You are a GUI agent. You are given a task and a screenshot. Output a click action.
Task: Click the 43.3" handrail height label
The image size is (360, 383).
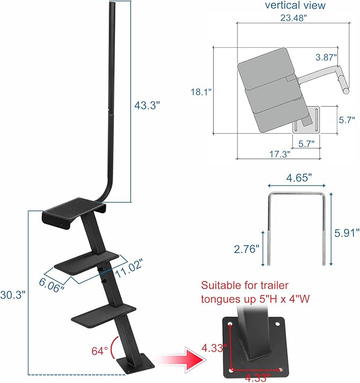[146, 106]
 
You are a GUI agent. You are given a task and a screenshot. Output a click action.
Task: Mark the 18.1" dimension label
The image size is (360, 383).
[201, 91]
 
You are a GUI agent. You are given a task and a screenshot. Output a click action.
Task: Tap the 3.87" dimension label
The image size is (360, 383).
[326, 56]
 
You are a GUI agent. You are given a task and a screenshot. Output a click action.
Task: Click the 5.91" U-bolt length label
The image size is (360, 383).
[348, 232]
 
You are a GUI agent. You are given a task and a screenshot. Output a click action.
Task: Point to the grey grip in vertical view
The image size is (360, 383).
[344, 84]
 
